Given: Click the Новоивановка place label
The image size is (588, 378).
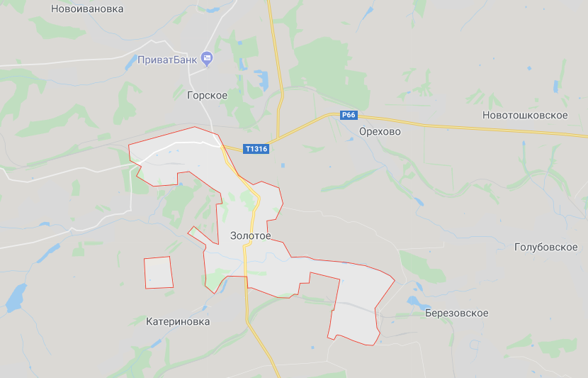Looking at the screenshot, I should (87, 9).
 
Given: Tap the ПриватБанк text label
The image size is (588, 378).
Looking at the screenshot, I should (168, 60).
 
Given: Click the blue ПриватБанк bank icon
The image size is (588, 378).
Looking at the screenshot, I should (207, 58).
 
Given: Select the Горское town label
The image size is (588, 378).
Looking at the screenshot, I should (207, 95).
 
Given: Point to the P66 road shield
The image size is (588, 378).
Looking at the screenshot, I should (348, 116).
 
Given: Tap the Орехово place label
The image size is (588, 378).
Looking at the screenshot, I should (380, 132).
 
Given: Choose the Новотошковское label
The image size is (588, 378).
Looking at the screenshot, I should (525, 115).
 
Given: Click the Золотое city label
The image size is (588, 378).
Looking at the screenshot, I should (250, 235).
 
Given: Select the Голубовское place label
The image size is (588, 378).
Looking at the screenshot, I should (545, 248).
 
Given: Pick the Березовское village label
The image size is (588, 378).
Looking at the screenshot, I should (456, 313).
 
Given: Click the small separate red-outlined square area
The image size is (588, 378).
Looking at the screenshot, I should (158, 272).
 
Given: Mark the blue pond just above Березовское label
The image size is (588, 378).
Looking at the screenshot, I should (412, 301).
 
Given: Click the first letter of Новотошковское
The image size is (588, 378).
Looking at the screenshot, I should (486, 115).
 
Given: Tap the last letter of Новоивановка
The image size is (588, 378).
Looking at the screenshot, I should (120, 9).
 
